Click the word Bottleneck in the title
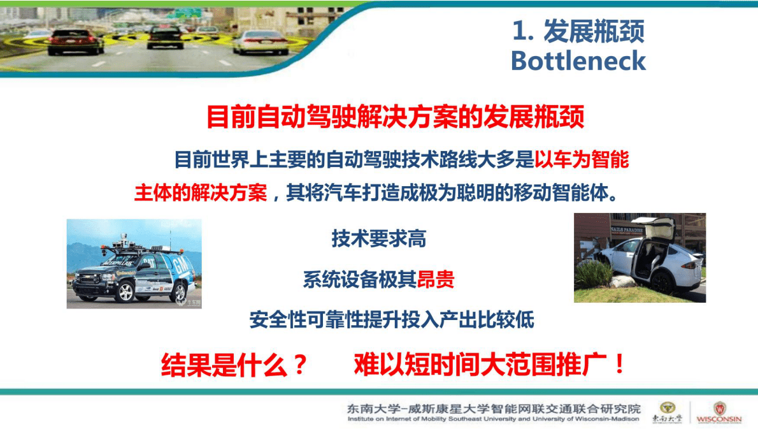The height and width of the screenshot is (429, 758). tap(578, 61)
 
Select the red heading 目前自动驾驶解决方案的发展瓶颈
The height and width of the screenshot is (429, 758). tap(395, 118)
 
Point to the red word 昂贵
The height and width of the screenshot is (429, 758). tap(436, 279)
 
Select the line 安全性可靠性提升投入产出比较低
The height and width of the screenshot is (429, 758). tap(392, 319)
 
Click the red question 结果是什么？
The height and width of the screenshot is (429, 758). tap(234, 367)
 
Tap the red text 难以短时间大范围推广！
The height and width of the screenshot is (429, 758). tap(490, 366)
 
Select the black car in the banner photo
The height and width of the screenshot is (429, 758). tap(165, 36)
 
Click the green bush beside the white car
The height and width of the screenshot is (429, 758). tap(592, 275)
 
